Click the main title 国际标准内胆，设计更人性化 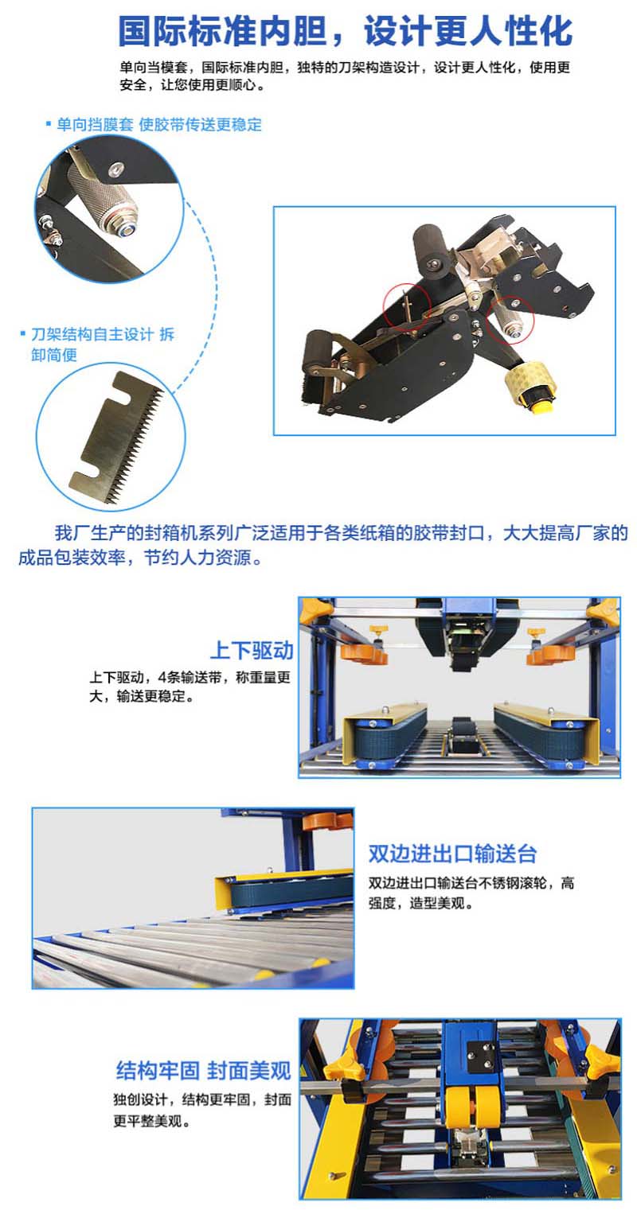point(345,31)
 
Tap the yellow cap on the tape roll point(536,403)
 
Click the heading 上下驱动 point(252,650)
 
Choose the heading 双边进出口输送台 point(452,854)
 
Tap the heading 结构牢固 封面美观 point(204,1070)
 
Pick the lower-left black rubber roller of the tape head point(315,353)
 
